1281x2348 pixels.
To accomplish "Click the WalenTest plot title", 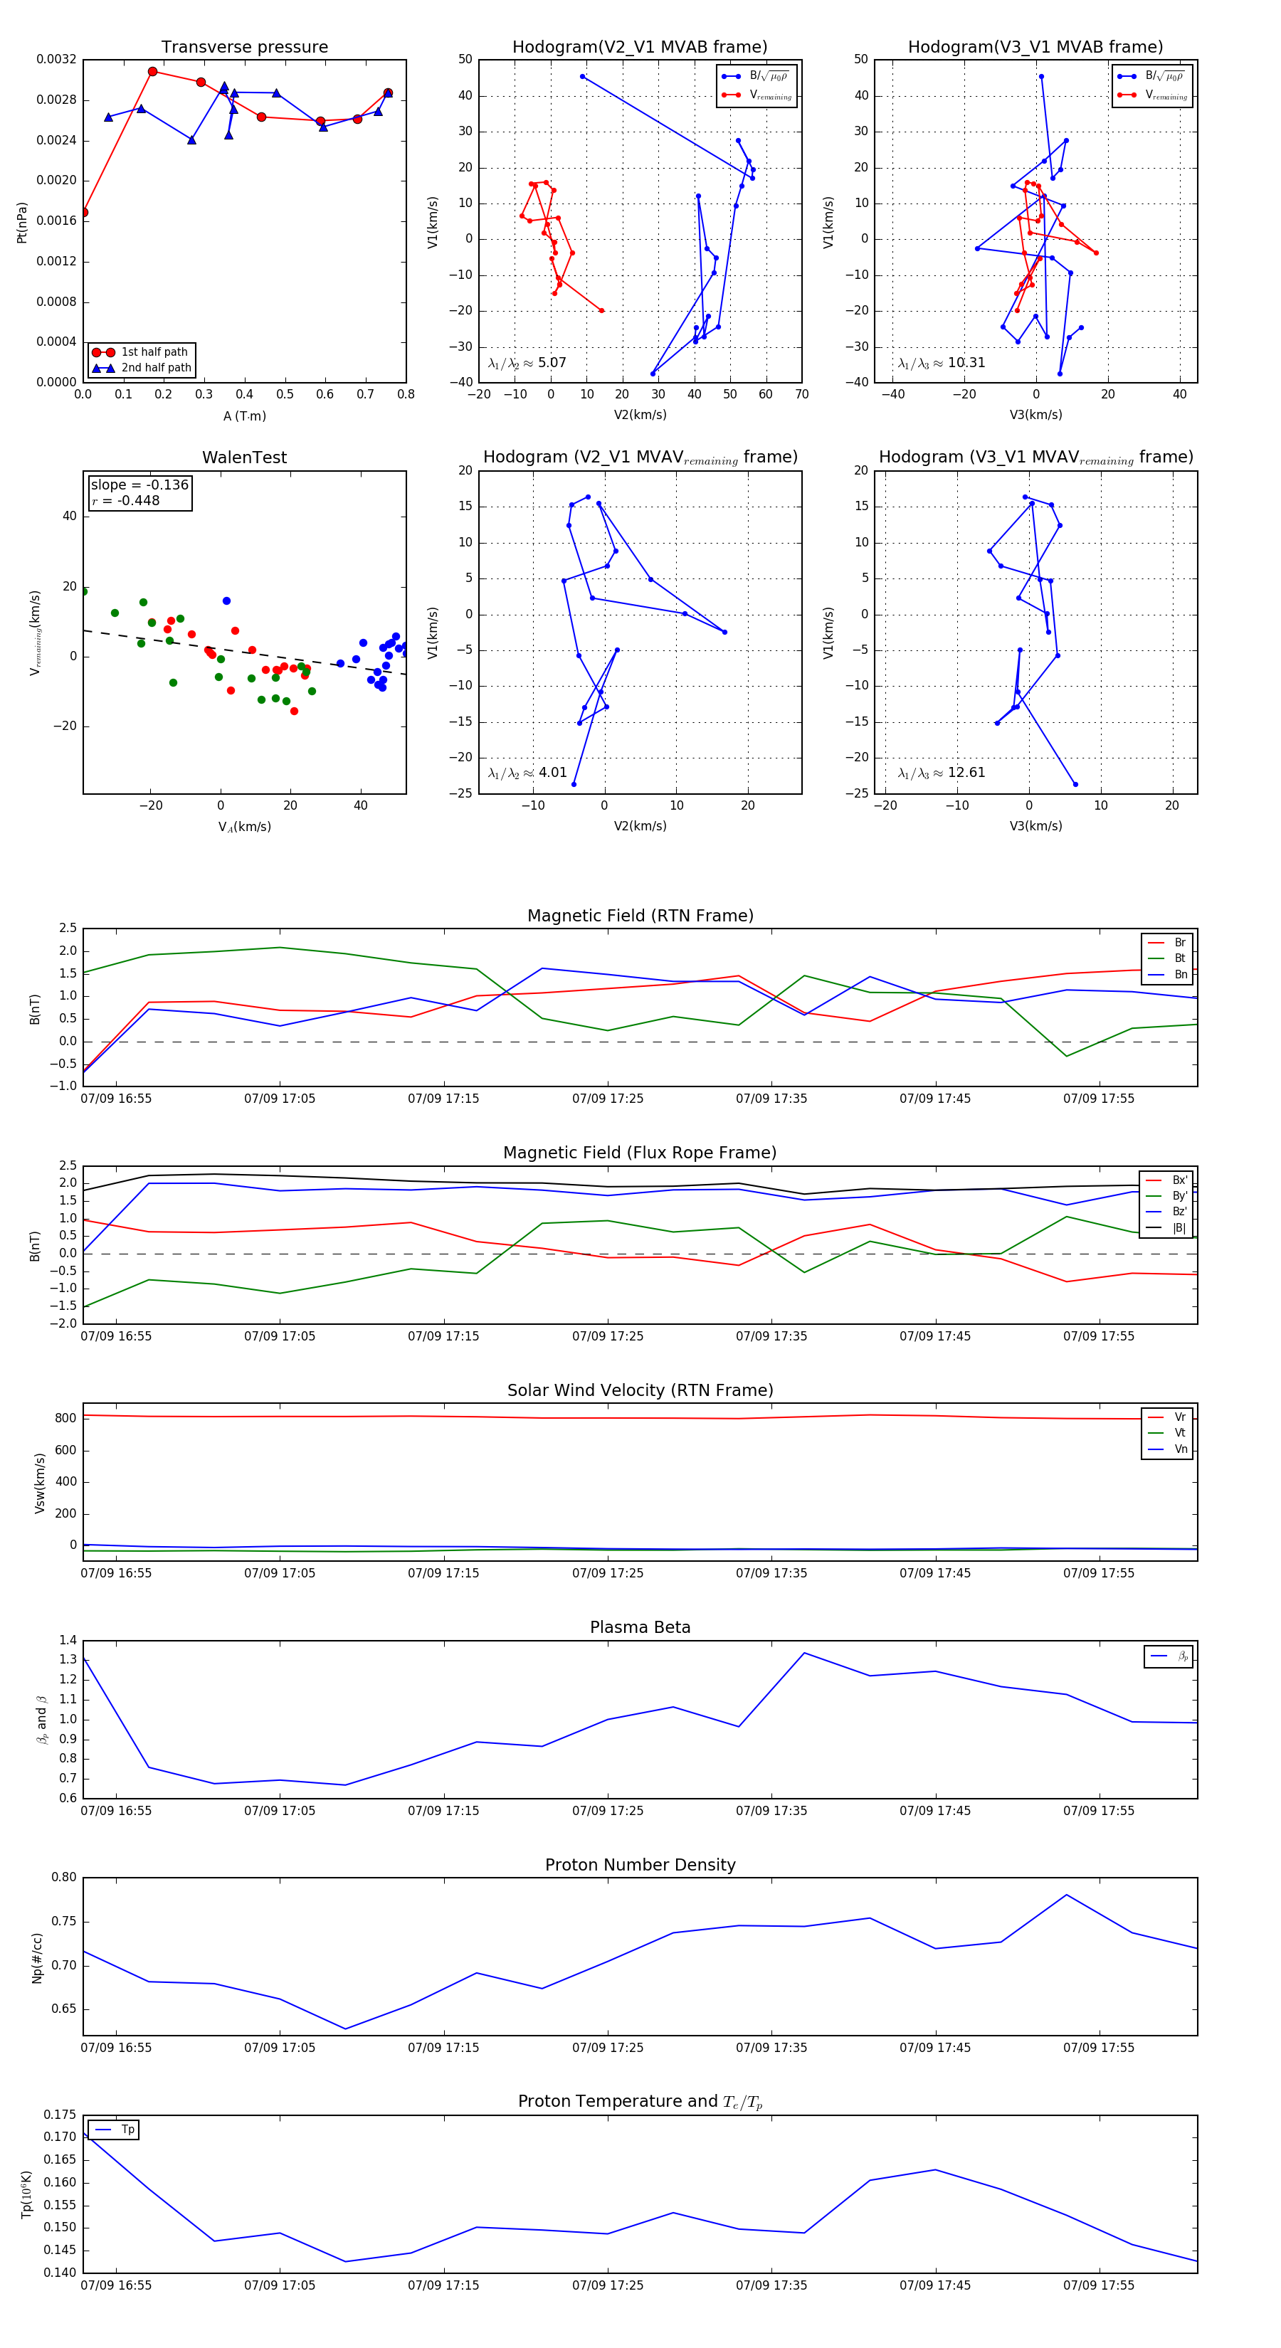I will point(244,458).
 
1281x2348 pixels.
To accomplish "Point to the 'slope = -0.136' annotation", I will point(139,485).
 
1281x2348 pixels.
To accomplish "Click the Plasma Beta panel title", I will point(640,1628).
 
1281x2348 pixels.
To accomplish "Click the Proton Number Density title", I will point(640,1865).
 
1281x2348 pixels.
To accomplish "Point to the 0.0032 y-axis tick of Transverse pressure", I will point(56,59).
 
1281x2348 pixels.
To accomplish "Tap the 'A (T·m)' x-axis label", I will point(244,416).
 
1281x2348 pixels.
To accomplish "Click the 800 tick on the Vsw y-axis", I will point(65,1418).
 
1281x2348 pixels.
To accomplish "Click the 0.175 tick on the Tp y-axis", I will point(60,2115).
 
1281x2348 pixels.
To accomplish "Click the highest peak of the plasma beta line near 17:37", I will point(804,1653).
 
